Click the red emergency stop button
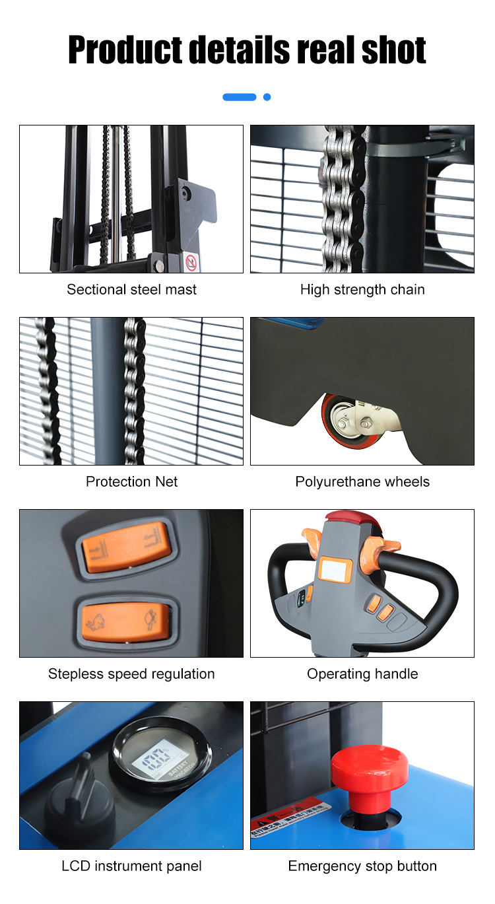pos(362,772)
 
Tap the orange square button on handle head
pos(335,569)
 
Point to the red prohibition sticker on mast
pos(191,262)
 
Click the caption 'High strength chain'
pos(362,289)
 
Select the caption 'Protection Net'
pos(131,481)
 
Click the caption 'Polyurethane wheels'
pos(362,481)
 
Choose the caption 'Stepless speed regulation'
pos(131,674)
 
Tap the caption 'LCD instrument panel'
pos(131,866)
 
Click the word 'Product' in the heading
pos(125,50)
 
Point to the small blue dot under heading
pos(267,97)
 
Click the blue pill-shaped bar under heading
pos(239,97)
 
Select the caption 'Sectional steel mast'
pos(131,289)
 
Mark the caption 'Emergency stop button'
pos(362,866)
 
